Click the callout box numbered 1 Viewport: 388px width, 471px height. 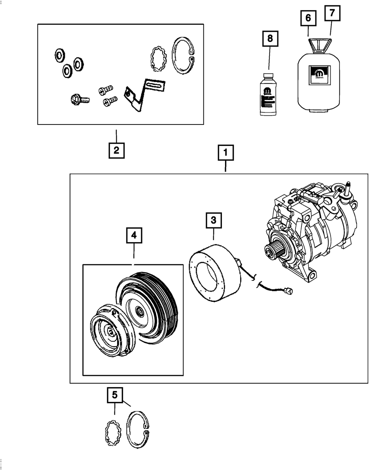[x=226, y=153]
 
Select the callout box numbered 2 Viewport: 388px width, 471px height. [x=116, y=150]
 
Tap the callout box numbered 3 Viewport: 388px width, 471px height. [x=214, y=222]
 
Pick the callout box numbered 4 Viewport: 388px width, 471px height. [x=134, y=235]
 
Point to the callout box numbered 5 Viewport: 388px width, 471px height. [x=115, y=395]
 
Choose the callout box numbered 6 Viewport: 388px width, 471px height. [x=308, y=18]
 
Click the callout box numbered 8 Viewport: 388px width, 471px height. [x=270, y=39]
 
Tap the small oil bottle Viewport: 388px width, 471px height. [x=268, y=95]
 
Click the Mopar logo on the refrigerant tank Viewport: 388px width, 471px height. [x=319, y=75]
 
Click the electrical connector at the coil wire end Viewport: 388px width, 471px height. [x=288, y=290]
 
